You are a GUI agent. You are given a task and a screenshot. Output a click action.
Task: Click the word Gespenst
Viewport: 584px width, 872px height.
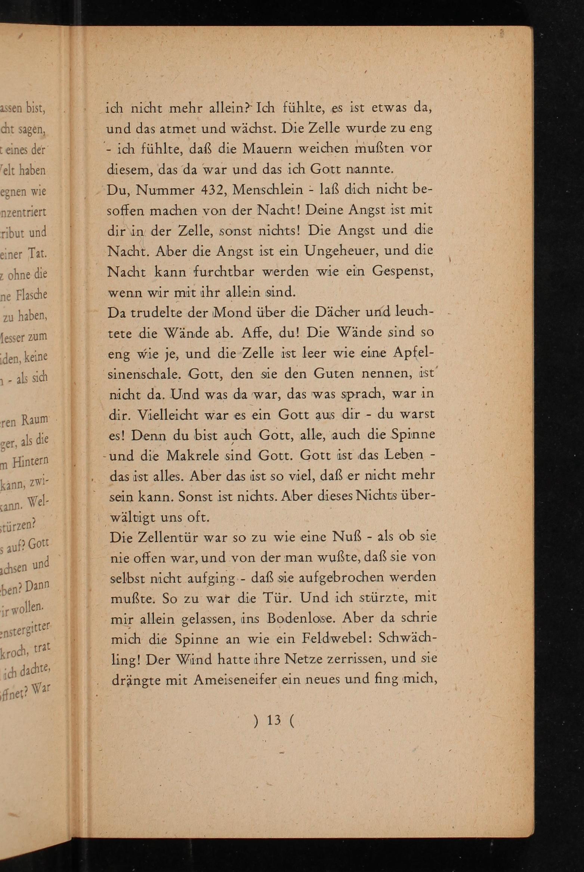(x=402, y=271)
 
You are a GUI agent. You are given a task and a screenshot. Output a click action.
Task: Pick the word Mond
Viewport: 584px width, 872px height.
(x=232, y=312)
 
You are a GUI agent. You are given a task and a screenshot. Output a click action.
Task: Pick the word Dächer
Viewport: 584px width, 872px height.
(x=335, y=312)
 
